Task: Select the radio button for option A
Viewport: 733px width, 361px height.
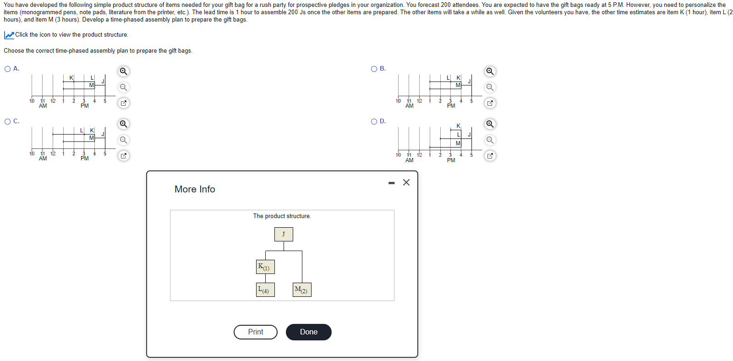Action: coord(8,69)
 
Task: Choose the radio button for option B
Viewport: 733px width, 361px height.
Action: coord(374,69)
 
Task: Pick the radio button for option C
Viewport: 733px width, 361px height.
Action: coord(8,121)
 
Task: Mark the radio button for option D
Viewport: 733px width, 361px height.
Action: coord(374,121)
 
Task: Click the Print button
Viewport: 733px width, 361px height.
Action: coord(255,332)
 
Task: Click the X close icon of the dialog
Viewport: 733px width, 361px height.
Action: coord(406,182)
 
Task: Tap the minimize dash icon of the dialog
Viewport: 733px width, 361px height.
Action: coord(391,183)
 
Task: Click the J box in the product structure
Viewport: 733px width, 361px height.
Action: coord(284,234)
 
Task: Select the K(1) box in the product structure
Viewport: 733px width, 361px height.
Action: coord(265,267)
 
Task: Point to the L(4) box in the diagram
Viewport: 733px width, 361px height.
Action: coord(265,290)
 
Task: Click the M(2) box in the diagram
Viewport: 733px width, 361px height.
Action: coord(302,290)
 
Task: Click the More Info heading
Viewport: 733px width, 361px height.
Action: coord(195,189)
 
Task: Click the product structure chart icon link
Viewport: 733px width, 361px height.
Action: coord(9,35)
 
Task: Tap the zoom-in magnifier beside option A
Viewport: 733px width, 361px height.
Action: coord(123,71)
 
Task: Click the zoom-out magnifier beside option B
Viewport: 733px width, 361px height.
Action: coord(490,87)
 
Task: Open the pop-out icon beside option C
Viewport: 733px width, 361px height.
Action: coord(123,156)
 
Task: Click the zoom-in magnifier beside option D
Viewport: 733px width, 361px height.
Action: coord(490,124)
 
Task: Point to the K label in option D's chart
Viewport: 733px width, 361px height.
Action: coord(458,126)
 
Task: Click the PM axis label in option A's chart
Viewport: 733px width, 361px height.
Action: coord(84,106)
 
